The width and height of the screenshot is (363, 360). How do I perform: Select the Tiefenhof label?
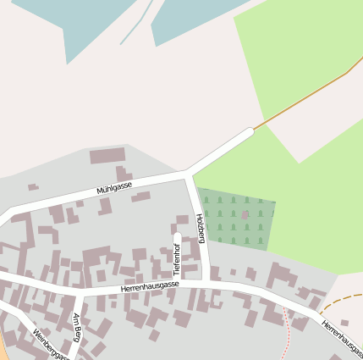(177, 258)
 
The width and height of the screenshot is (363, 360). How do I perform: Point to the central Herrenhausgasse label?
(150, 286)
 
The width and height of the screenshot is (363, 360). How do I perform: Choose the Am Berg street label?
(76, 326)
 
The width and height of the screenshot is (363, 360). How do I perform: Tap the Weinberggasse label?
(51, 344)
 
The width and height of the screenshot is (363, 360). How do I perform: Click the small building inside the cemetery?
(245, 215)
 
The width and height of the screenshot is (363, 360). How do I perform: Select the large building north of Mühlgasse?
(107, 156)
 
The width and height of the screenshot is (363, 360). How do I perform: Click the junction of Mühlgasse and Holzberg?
(188, 174)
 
